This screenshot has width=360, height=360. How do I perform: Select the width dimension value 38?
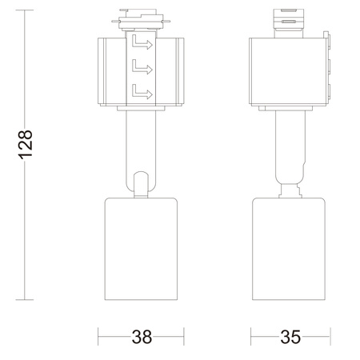[x=142, y=337]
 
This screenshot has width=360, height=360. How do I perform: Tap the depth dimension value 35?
[x=290, y=337]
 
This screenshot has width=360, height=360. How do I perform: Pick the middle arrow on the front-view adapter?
[x=143, y=66]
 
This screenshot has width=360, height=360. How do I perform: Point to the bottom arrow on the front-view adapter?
[x=143, y=91]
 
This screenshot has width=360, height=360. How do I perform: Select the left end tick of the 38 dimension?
[x=98, y=337]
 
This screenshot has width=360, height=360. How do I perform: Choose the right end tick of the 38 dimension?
[x=185, y=337]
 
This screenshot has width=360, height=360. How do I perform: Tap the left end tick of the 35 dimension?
[x=250, y=337]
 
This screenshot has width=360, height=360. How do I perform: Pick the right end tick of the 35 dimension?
[x=330, y=337]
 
